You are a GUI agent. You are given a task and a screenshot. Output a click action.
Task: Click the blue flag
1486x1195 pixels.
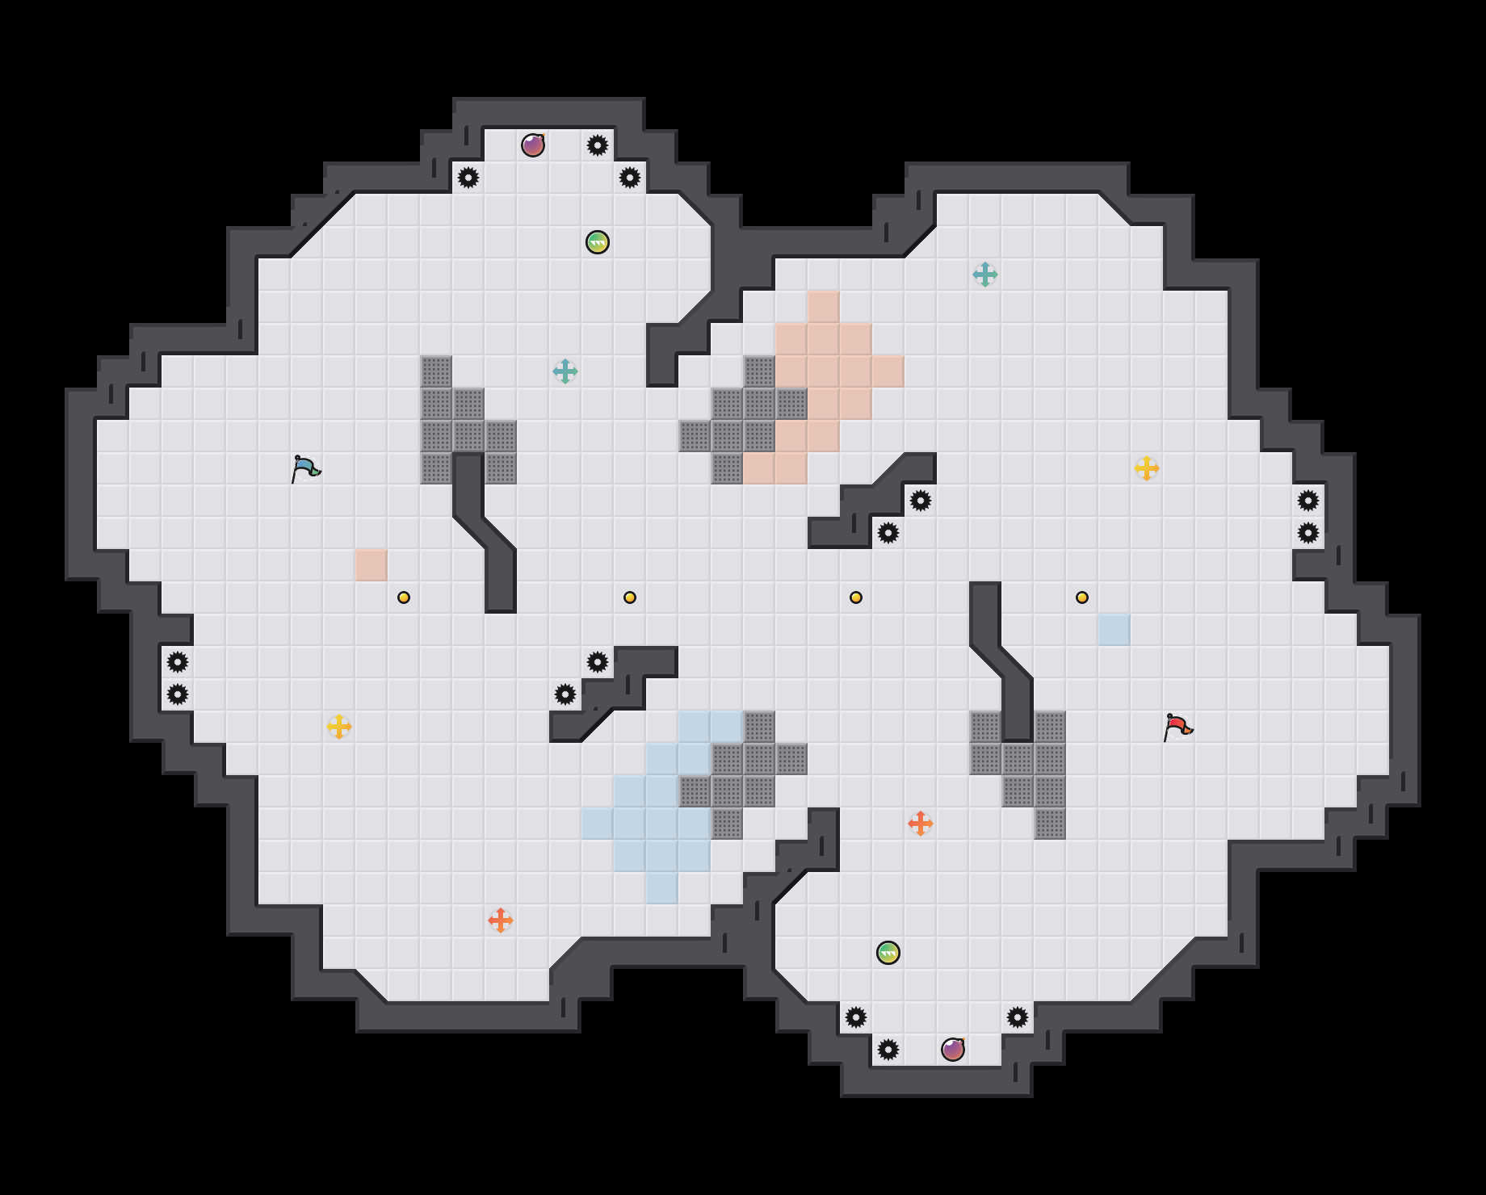pyautogui.click(x=306, y=468)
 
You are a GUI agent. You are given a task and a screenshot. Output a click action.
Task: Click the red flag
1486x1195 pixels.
pyautogui.click(x=1178, y=727)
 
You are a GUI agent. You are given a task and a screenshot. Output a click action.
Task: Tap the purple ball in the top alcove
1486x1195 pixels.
pyautogui.click(x=533, y=145)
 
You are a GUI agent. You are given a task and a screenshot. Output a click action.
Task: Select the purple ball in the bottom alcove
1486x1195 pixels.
pyautogui.click(x=953, y=1050)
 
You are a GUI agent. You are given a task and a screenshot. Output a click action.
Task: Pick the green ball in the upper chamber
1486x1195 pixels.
pyautogui.click(x=598, y=242)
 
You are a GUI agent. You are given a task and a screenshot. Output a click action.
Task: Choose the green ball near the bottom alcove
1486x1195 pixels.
pyautogui.click(x=888, y=953)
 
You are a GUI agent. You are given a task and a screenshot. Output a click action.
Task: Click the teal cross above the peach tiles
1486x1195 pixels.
pyautogui.click(x=985, y=275)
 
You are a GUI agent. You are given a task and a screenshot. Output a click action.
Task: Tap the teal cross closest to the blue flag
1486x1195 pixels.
pyautogui.click(x=565, y=371)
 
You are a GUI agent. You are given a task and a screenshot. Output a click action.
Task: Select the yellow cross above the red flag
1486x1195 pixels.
pyautogui.click(x=1147, y=468)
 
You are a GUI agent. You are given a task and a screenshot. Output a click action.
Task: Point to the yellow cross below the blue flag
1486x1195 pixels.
pyautogui.click(x=339, y=727)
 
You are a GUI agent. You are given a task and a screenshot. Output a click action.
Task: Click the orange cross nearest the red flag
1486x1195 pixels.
pyautogui.click(x=921, y=824)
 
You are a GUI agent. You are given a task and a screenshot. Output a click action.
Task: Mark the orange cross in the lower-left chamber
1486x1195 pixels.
pyautogui.click(x=501, y=920)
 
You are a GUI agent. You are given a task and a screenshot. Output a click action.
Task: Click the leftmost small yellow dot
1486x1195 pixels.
pyautogui.click(x=404, y=597)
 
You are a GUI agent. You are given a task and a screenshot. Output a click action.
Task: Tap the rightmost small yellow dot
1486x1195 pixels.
pyautogui.click(x=1082, y=597)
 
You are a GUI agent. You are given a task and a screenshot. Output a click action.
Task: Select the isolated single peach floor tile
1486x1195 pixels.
pyautogui.click(x=371, y=565)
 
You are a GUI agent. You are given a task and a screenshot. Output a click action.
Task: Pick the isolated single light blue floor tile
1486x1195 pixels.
pyautogui.click(x=1114, y=630)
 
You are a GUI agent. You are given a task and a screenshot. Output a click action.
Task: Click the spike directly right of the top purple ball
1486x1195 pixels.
pyautogui.click(x=598, y=145)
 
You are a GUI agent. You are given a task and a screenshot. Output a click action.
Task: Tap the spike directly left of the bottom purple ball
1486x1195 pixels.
pyautogui.click(x=888, y=1050)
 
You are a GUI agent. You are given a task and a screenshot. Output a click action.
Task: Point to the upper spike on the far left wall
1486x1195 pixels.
pyautogui.click(x=178, y=662)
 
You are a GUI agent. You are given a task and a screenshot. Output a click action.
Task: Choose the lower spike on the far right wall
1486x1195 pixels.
pyautogui.click(x=1308, y=533)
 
